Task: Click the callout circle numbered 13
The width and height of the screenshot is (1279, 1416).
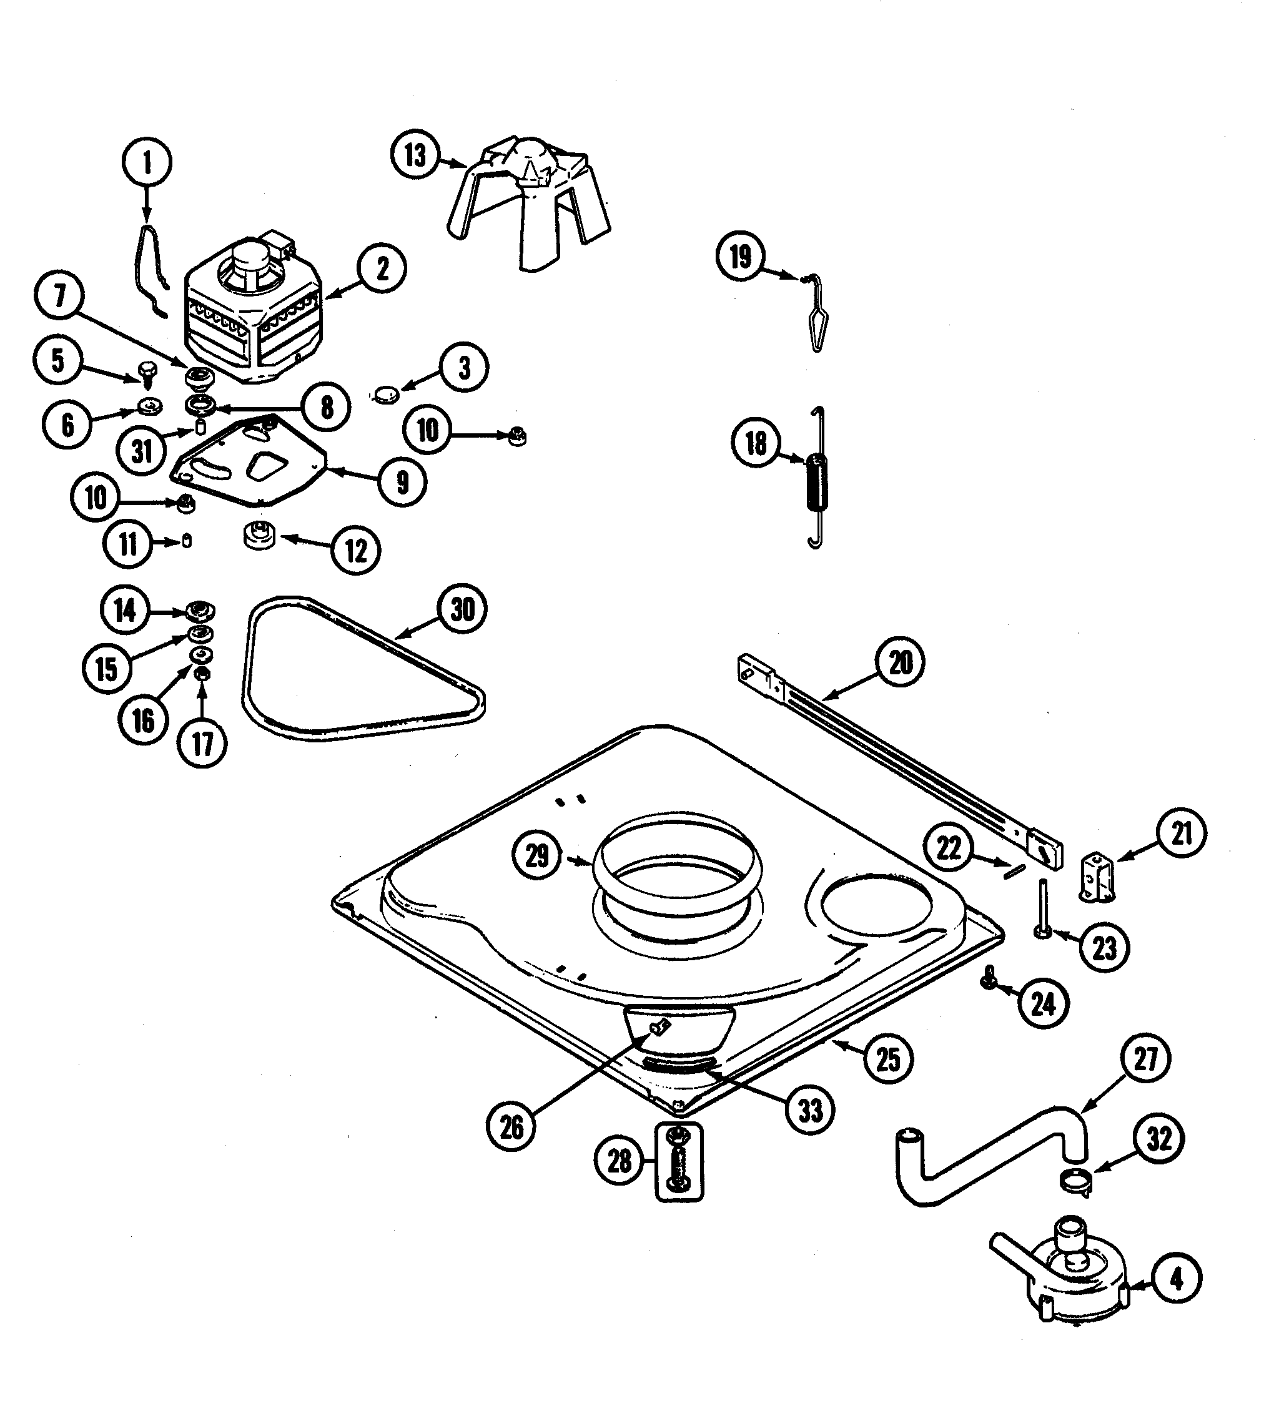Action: pyautogui.click(x=415, y=155)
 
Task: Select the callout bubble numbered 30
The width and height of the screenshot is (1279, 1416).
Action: pyautogui.click(x=462, y=609)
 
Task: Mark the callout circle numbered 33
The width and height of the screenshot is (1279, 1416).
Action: pyautogui.click(x=809, y=1111)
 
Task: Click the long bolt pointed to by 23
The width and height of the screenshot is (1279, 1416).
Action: pyautogui.click(x=1042, y=906)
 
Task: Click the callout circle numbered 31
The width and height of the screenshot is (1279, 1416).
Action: pyautogui.click(x=142, y=451)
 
